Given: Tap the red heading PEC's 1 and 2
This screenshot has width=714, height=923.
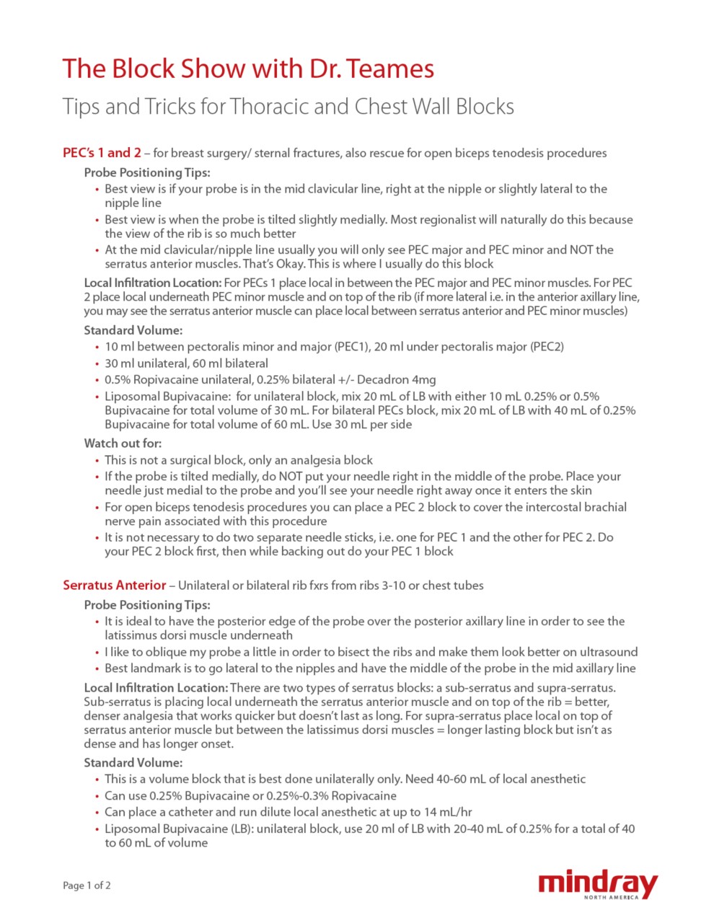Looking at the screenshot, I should [x=102, y=153].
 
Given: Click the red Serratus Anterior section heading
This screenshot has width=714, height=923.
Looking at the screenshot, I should [x=114, y=585].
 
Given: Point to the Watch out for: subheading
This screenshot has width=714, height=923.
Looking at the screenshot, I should [x=123, y=443].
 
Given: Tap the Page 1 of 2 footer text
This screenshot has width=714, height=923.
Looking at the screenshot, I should [x=87, y=886].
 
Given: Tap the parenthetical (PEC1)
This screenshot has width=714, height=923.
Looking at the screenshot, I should [x=352, y=347].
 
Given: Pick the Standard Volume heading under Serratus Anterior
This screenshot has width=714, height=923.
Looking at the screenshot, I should [x=133, y=763].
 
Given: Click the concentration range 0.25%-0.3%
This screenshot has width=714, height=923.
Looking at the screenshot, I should [x=309, y=796].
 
